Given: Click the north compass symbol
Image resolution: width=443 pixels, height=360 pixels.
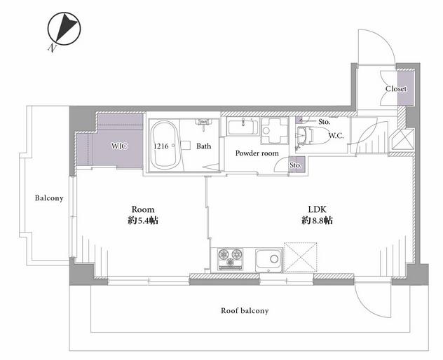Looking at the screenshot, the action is click(64, 29).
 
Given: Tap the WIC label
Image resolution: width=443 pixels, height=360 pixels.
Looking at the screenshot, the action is click(119, 146).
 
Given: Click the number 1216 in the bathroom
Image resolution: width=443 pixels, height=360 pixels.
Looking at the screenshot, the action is click(161, 146).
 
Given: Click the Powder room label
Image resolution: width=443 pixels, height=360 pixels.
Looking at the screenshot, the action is click(257, 153).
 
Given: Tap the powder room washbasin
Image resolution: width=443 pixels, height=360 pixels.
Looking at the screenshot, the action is click(243, 127).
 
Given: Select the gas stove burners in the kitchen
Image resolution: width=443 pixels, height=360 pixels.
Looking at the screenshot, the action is click(230, 259).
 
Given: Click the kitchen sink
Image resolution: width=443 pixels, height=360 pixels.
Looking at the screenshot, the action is click(268, 260).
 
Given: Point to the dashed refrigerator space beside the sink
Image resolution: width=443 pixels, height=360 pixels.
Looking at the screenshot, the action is click(300, 257).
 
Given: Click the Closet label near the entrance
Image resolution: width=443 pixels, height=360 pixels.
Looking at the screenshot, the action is click(396, 89).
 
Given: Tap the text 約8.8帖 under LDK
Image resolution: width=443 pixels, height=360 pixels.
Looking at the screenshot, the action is click(317, 220).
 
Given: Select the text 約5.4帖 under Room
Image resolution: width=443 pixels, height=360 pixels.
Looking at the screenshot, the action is click(143, 220).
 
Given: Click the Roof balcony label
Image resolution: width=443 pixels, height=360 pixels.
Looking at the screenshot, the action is click(245, 310).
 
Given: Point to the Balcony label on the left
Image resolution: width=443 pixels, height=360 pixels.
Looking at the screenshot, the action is click(49, 198).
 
